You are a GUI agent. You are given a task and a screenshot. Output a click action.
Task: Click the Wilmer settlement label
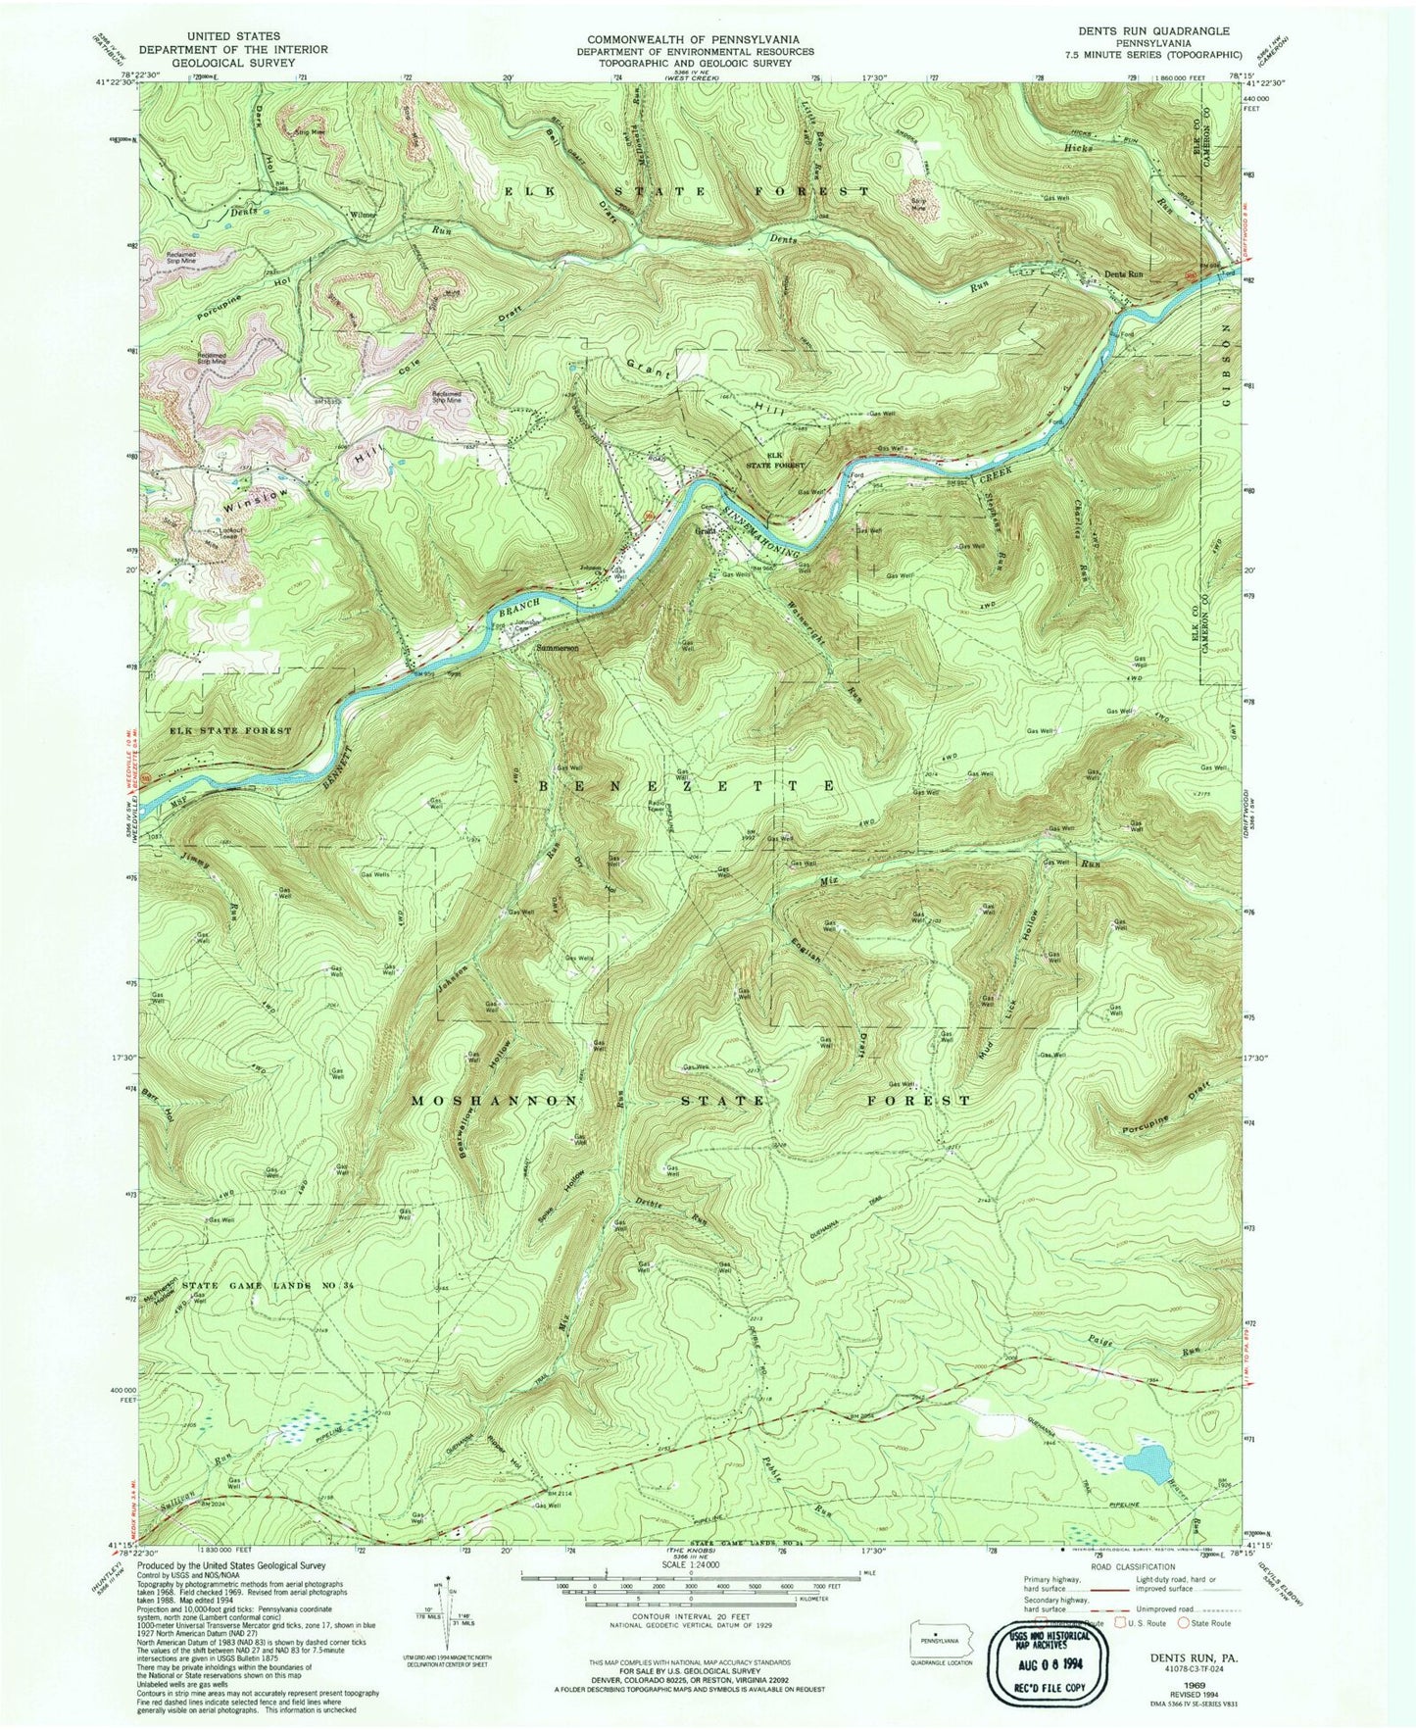click(x=363, y=214)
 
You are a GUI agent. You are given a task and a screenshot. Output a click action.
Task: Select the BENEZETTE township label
click(x=686, y=786)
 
